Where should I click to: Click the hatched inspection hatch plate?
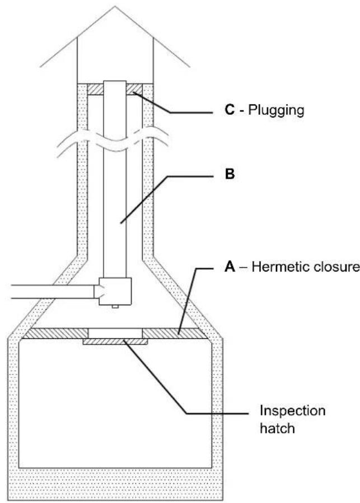pos(115,342)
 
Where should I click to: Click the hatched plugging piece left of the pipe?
pos(93,89)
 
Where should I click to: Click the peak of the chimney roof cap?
pos(115,7)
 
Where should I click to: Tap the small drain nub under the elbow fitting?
pos(115,308)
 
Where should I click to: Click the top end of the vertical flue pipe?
pos(115,82)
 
